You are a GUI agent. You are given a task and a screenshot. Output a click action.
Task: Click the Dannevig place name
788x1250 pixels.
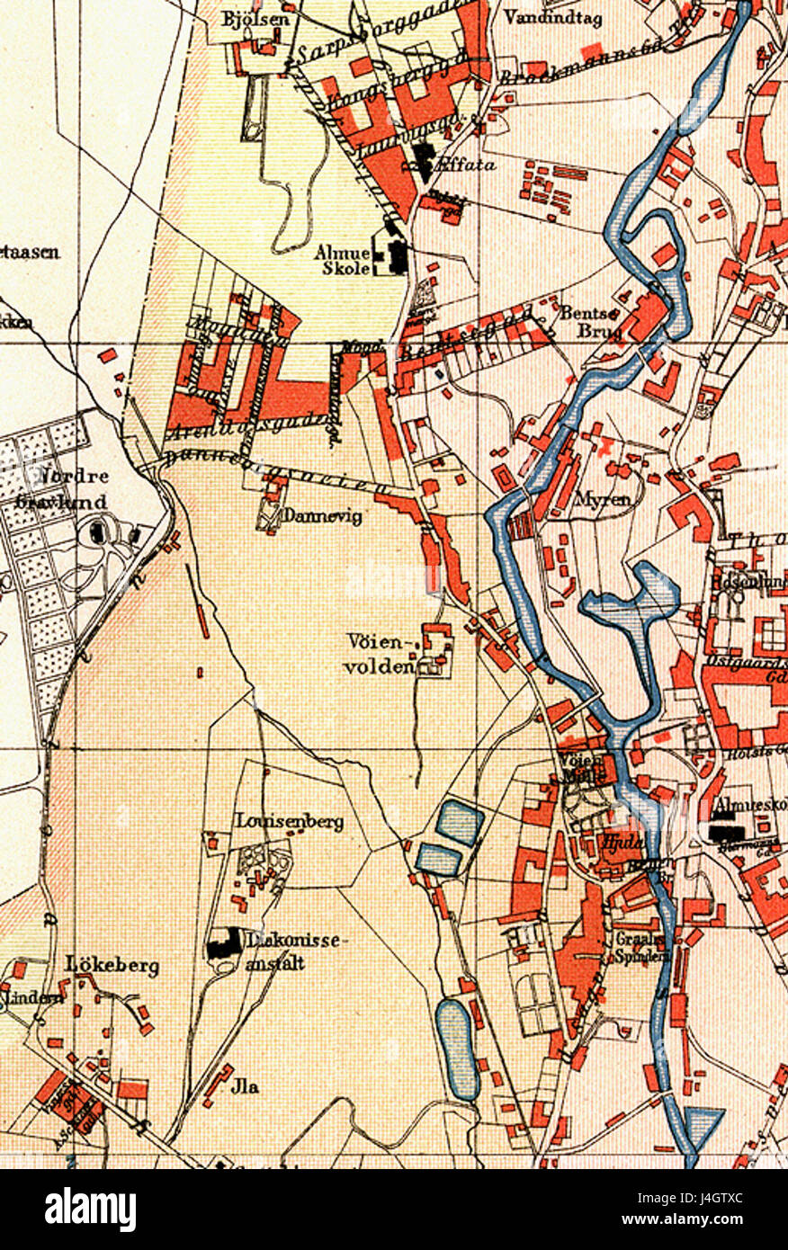coord(310,516)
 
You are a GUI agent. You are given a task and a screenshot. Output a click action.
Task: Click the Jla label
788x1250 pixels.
coord(245,1086)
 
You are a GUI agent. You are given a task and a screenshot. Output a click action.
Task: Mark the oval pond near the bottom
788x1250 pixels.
coord(457,1049)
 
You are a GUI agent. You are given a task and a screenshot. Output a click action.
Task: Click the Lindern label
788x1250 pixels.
coord(22,997)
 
